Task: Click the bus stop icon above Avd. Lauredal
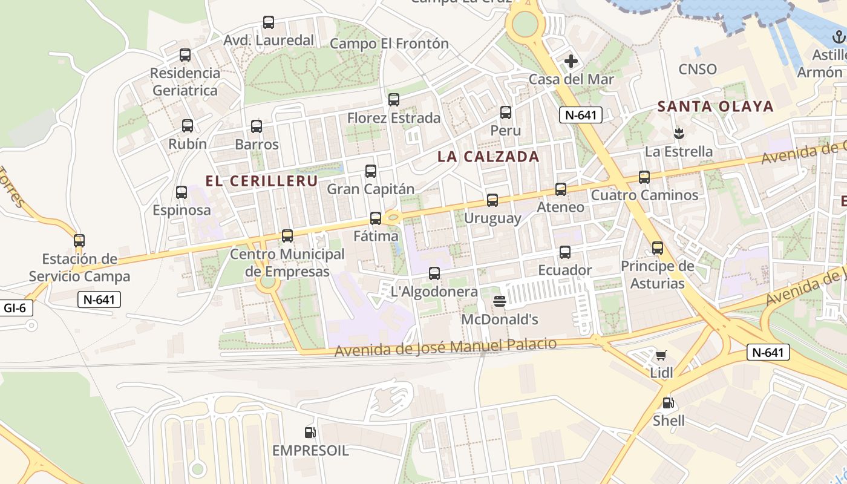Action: coord(269,22)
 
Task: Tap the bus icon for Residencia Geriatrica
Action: coord(185,55)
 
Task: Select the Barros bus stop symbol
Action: coord(257,126)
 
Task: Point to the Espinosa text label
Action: coord(181,211)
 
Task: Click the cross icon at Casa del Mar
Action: coord(571,61)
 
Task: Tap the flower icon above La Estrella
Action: coord(678,133)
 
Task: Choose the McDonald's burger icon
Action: coord(500,301)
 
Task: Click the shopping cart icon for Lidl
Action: coord(661,355)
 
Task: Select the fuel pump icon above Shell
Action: coord(668,402)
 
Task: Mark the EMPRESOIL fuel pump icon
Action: coord(310,433)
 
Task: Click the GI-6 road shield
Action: coord(15,308)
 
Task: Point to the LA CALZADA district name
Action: coord(488,157)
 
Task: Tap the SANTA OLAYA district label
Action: coord(715,106)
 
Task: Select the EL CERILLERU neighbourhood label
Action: coord(261,181)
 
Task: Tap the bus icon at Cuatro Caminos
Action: coord(644,177)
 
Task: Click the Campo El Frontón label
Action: coord(389,44)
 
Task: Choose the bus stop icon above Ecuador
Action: coord(565,252)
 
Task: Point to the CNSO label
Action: coord(698,69)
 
